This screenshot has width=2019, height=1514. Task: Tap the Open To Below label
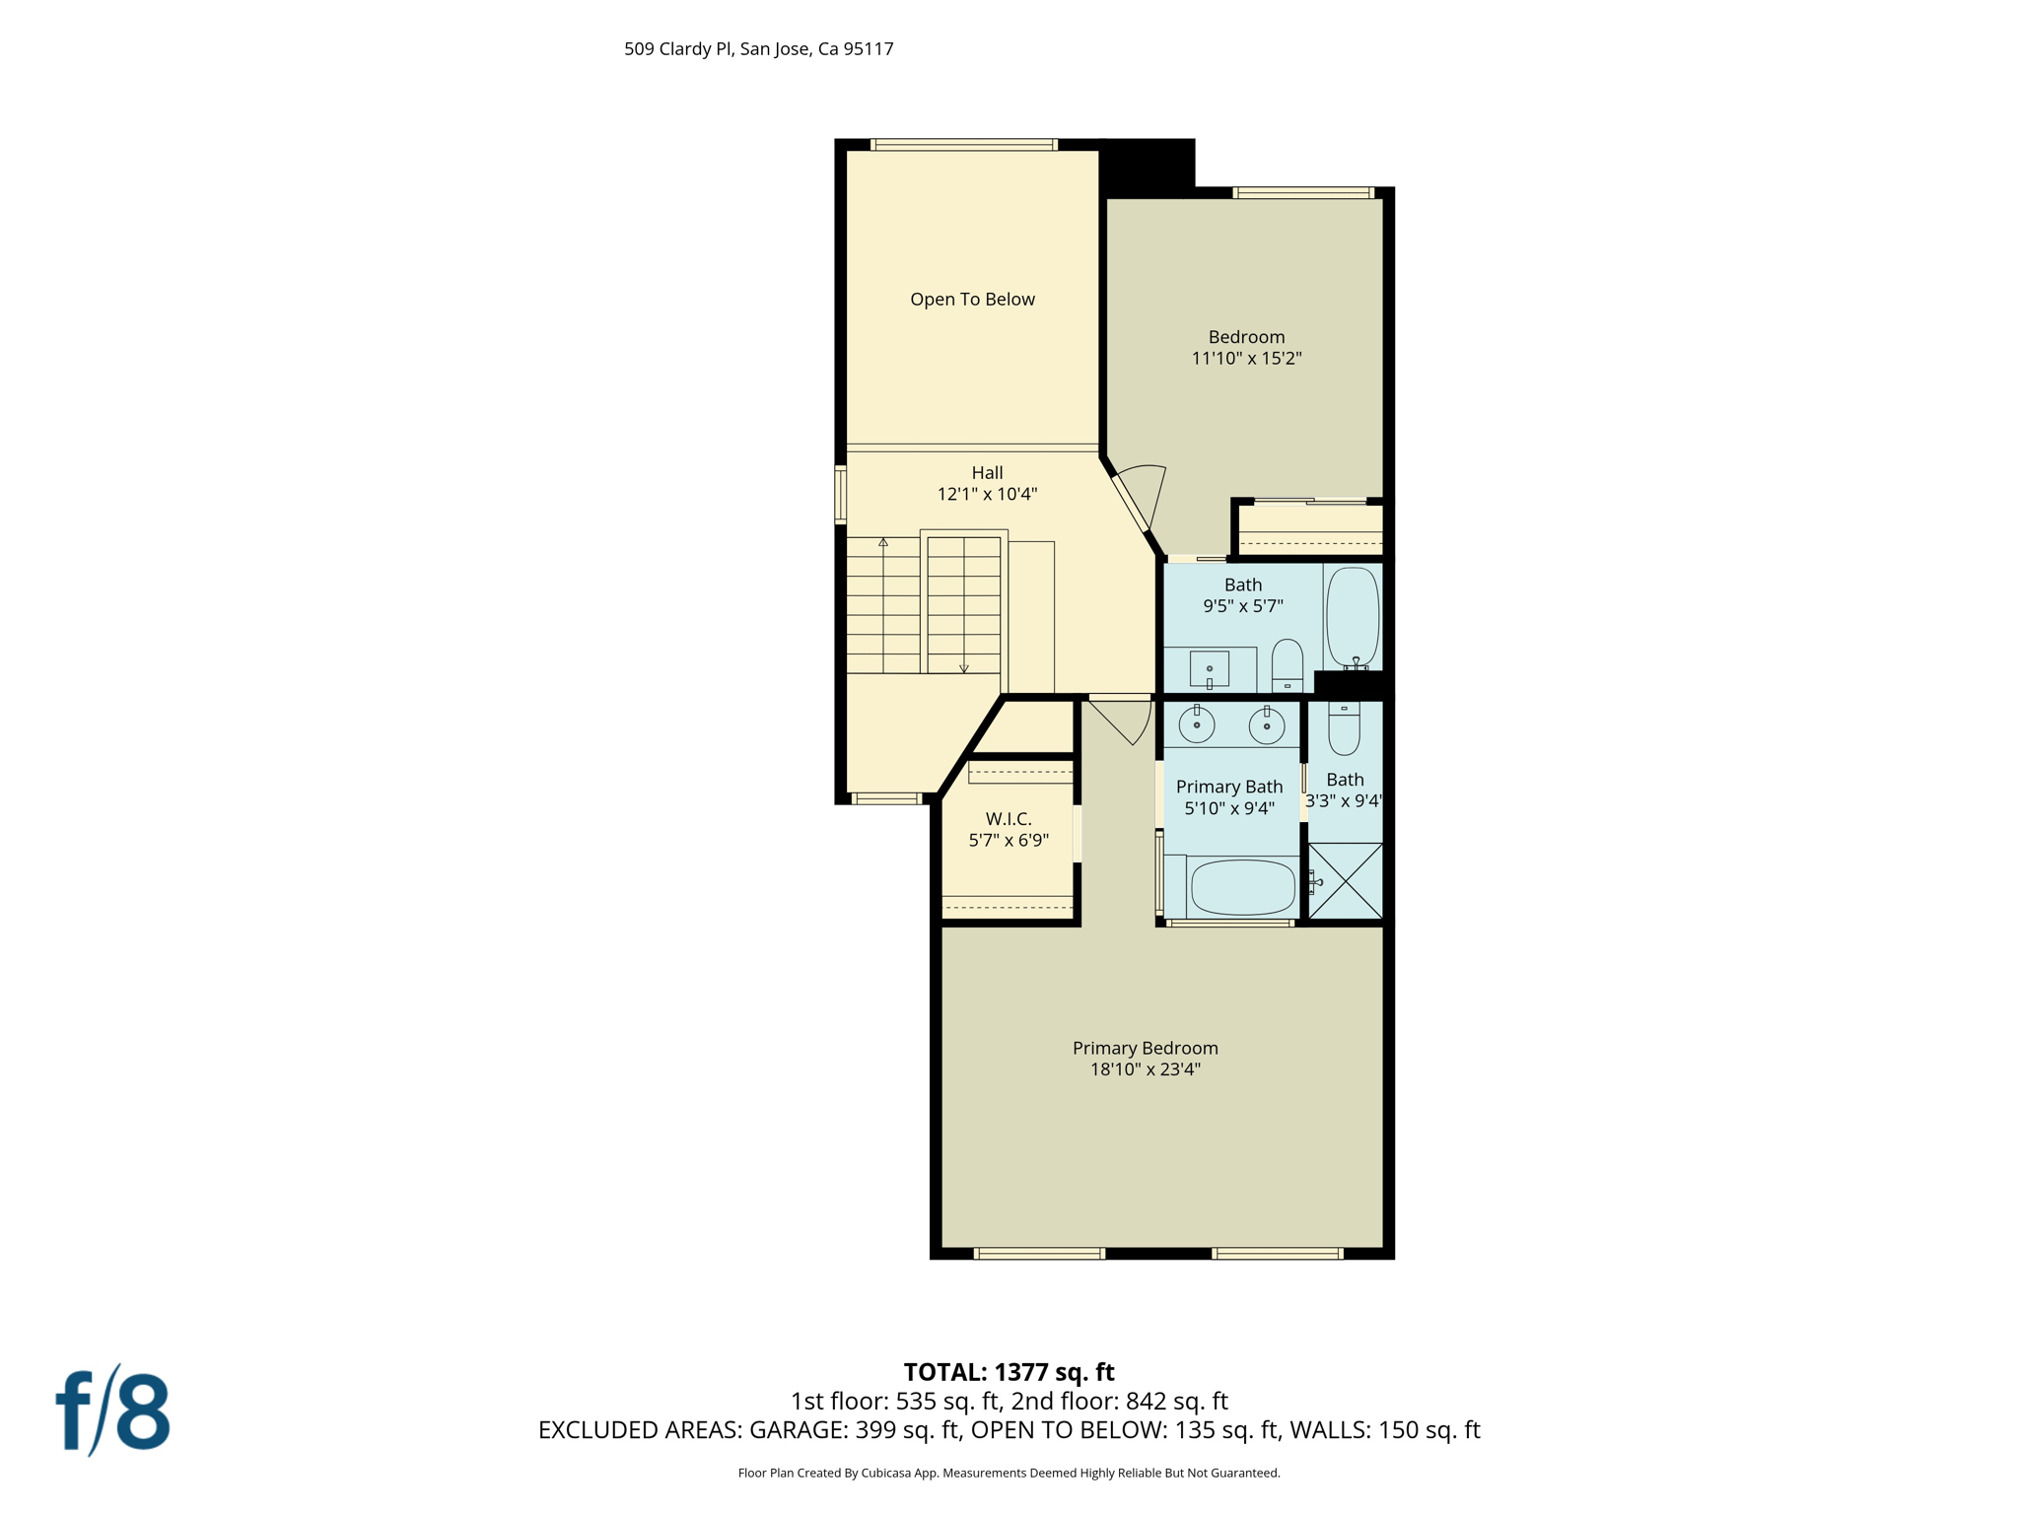(972, 300)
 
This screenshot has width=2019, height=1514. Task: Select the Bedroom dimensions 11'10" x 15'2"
(1246, 359)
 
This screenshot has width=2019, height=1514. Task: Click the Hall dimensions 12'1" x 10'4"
(987, 494)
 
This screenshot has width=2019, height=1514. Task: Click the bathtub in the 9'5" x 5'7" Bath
(1352, 616)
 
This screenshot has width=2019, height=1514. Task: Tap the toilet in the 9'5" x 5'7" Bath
(1287, 664)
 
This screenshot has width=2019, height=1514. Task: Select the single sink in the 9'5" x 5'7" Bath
(1210, 669)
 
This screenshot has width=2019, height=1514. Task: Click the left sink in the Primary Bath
(1196, 725)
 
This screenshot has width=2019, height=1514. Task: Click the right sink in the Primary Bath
(1266, 726)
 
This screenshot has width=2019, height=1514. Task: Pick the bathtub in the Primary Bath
(1242, 887)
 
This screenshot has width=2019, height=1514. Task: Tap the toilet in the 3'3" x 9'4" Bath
(1344, 728)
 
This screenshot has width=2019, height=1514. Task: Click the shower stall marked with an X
(1346, 881)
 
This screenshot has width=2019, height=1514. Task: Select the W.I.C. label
(1009, 819)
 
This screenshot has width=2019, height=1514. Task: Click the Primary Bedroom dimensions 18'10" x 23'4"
(1145, 1069)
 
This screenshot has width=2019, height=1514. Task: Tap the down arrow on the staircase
(964, 667)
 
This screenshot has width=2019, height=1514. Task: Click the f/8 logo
(112, 1411)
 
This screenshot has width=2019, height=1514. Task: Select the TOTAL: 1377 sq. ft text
(1009, 1372)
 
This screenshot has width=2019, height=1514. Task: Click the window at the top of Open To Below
(964, 145)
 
